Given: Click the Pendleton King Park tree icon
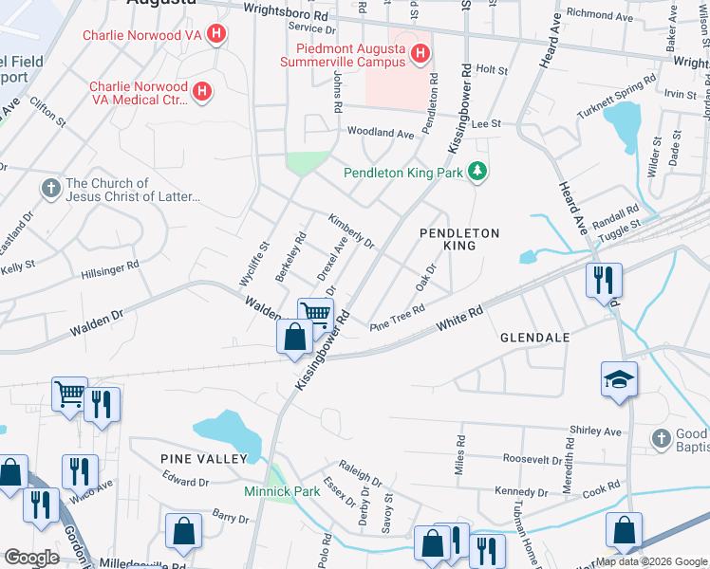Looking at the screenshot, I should (x=481, y=172).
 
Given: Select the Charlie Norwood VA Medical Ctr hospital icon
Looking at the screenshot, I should (x=201, y=91).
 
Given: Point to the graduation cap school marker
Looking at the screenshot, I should (x=619, y=380).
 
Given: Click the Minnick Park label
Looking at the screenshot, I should (x=282, y=491).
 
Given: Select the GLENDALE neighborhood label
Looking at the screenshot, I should (x=534, y=338).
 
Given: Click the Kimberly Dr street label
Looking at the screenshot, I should (x=351, y=230).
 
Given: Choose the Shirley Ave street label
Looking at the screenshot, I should (x=595, y=431).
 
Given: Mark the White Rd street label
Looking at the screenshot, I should (x=459, y=318).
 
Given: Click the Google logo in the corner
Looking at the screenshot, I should (x=31, y=557).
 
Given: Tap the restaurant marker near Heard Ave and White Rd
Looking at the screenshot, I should (x=603, y=280).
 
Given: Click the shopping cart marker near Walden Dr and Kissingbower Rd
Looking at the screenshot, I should (x=315, y=313).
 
